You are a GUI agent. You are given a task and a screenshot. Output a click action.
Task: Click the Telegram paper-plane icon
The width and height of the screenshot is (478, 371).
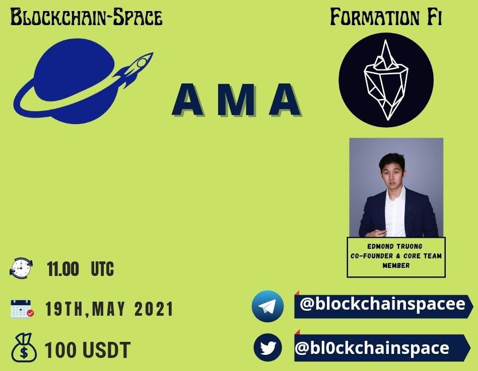[267, 306]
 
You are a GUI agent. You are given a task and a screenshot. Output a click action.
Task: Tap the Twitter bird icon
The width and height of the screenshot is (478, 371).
[267, 347]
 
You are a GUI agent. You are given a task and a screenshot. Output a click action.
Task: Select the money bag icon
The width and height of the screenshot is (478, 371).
[24, 348]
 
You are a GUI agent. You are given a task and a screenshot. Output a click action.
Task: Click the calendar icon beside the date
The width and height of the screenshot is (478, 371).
[22, 309]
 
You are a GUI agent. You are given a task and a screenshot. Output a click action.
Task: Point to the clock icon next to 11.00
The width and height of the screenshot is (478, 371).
[21, 268]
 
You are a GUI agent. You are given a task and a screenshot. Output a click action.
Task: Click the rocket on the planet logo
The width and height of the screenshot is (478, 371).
[134, 69]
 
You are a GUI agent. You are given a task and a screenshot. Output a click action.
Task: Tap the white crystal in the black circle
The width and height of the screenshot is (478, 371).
[386, 80]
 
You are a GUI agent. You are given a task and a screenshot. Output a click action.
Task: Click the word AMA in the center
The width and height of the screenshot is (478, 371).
[237, 100]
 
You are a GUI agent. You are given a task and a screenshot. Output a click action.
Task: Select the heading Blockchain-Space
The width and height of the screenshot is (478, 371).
[86, 17]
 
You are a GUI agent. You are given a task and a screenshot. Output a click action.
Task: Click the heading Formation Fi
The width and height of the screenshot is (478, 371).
[386, 17]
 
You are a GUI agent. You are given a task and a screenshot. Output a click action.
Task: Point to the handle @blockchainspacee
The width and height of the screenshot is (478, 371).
[382, 304]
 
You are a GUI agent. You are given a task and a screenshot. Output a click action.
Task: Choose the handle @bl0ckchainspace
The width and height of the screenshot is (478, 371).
[372, 348]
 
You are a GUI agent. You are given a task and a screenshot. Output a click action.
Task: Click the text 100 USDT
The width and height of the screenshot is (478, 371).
[88, 350]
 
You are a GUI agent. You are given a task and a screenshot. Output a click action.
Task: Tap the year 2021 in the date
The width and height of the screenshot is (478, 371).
[154, 309]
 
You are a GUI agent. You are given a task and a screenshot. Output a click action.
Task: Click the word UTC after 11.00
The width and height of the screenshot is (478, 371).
[102, 269]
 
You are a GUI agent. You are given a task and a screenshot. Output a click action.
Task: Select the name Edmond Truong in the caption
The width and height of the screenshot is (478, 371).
[395, 246]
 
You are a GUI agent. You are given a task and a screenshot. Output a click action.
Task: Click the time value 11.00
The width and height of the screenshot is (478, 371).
[63, 269]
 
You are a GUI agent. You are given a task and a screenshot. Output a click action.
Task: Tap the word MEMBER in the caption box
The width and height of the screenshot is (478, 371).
[396, 265]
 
